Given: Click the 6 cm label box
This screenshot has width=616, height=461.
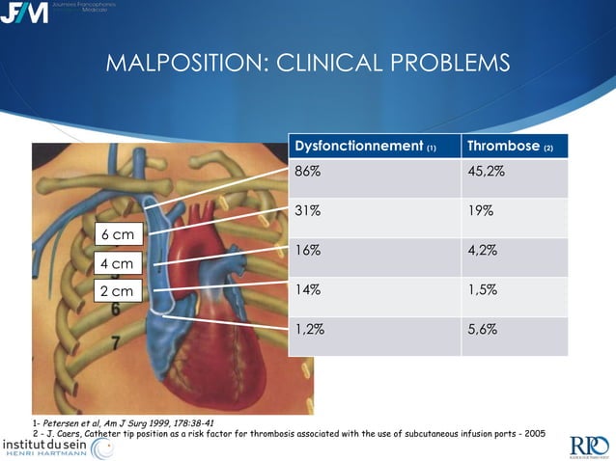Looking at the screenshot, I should (x=118, y=234).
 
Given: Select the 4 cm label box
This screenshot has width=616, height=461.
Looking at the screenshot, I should (x=118, y=262).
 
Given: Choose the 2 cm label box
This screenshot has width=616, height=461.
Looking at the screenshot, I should (x=118, y=290).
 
